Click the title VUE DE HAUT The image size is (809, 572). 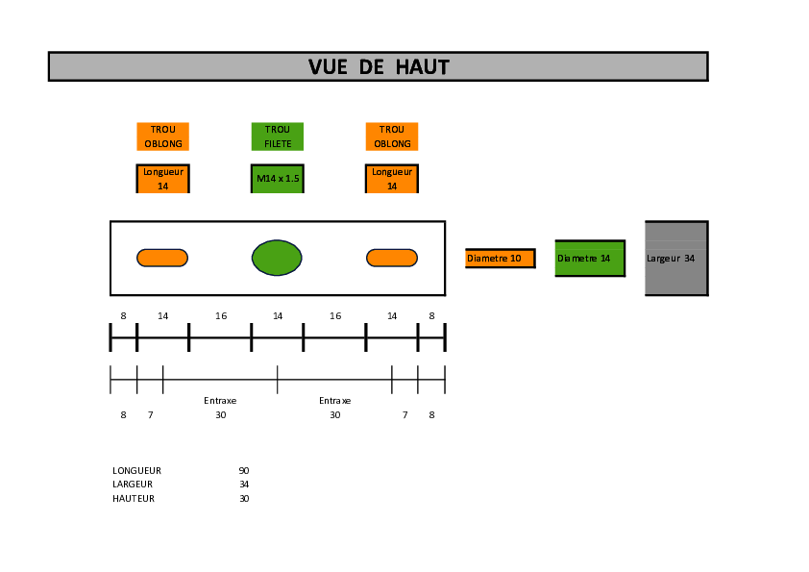point(379,67)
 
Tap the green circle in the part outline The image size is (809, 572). point(277,258)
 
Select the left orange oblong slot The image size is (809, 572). point(162,258)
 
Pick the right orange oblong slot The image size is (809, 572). point(392,258)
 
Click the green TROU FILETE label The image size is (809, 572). point(278,137)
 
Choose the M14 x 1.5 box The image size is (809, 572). point(278,179)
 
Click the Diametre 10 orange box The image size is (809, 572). point(501,259)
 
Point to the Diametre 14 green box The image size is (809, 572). point(590,259)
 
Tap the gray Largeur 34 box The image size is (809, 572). point(677,259)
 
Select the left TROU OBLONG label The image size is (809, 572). point(163,137)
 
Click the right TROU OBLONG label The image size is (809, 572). point(392,137)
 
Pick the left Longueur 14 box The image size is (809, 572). point(163,179)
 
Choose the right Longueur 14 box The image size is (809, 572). point(392,179)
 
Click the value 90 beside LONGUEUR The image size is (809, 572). point(244,471)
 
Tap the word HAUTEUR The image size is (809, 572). point(134,499)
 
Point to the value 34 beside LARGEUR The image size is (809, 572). point(244,485)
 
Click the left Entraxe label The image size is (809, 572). point(220,401)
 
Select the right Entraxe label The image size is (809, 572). point(335,401)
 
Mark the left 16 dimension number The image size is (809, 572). point(221,316)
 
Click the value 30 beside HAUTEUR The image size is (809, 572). point(244,499)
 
